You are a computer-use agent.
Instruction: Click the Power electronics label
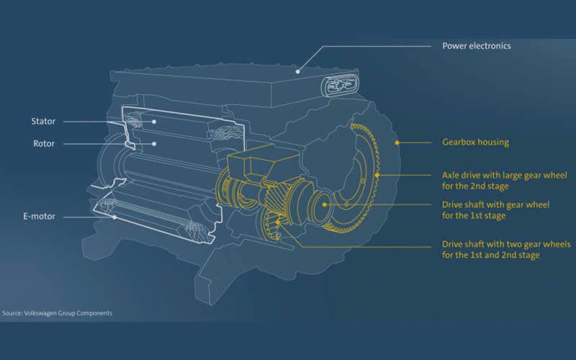(477, 46)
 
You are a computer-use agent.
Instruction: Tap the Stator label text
(43, 121)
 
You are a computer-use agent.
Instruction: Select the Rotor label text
(44, 143)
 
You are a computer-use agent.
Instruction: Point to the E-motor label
(40, 217)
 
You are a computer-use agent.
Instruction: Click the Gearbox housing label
(476, 143)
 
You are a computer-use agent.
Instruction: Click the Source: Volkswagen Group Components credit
(58, 313)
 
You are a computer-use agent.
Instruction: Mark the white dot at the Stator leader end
(154, 122)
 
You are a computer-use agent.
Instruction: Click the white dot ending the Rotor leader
(154, 143)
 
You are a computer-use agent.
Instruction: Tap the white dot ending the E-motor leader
(114, 217)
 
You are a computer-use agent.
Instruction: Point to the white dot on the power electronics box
(298, 71)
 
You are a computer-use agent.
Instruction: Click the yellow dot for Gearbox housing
(397, 143)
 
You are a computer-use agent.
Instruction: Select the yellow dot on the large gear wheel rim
(377, 175)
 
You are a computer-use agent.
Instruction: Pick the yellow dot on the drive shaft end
(325, 204)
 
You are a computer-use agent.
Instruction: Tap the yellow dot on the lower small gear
(278, 222)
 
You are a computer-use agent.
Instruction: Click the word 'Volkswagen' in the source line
(40, 313)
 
